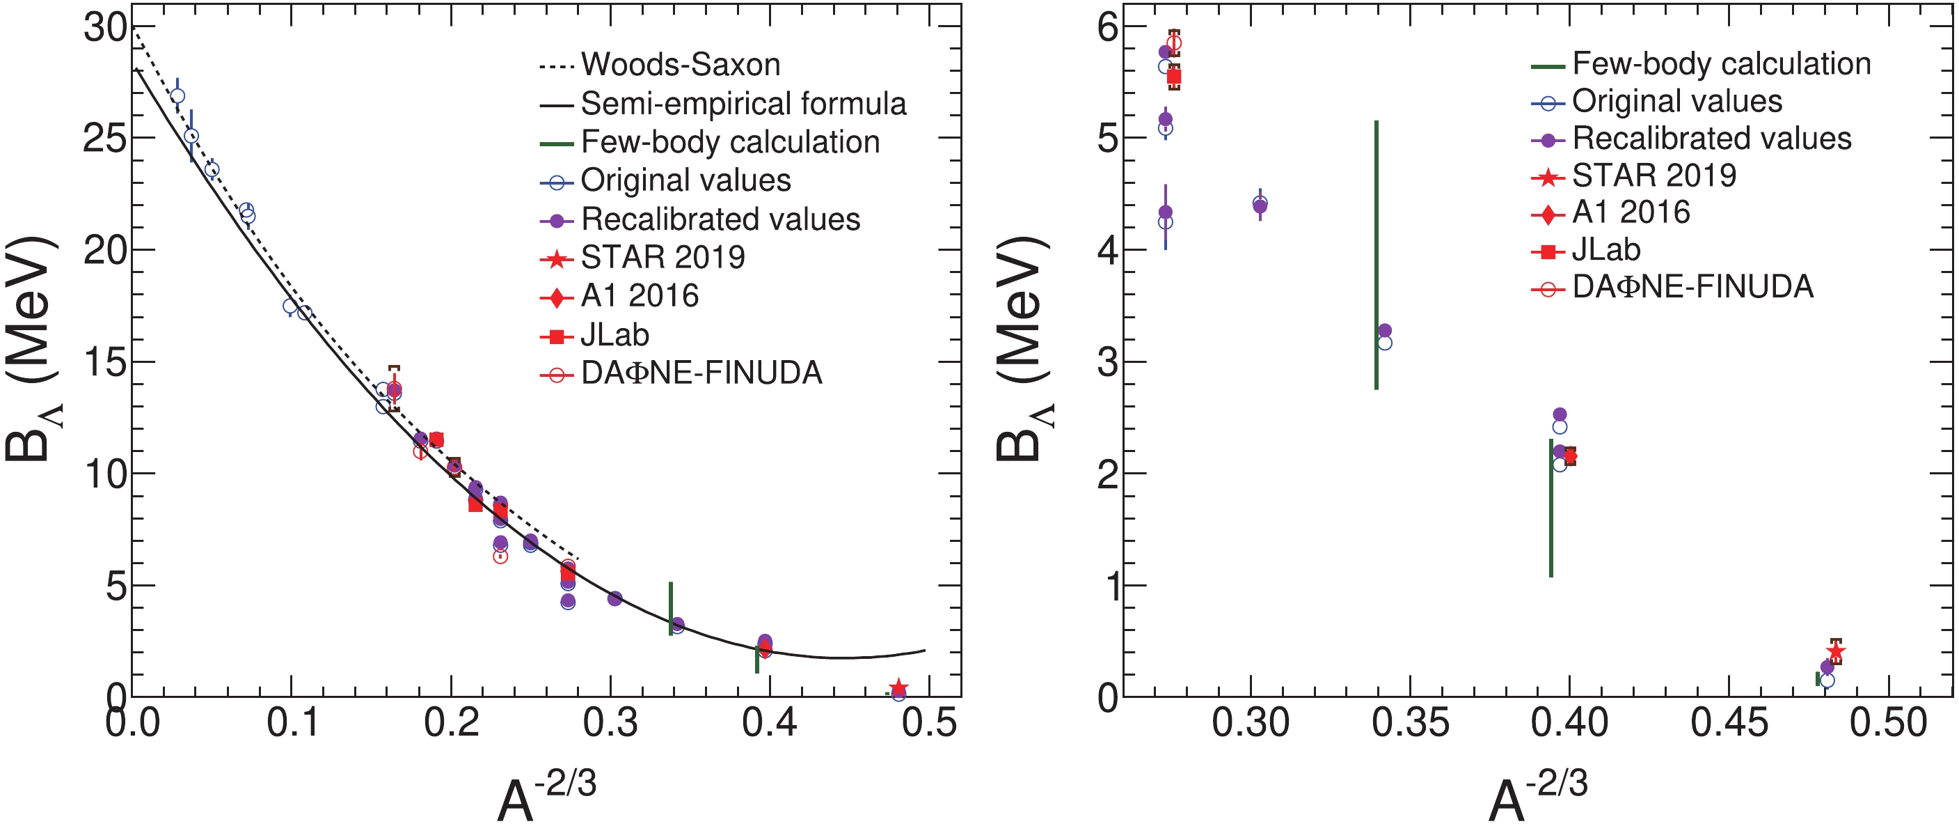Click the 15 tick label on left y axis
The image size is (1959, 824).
pyautogui.click(x=106, y=362)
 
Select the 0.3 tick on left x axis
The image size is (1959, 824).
pyautogui.click(x=611, y=723)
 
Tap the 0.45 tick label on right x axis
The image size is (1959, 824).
pyautogui.click(x=1729, y=723)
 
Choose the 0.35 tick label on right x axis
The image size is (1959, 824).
pyautogui.click(x=1410, y=723)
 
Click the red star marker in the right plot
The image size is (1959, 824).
pyautogui.click(x=1836, y=651)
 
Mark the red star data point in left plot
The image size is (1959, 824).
pyautogui.click(x=899, y=687)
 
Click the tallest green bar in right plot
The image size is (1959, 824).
pyautogui.click(x=1377, y=255)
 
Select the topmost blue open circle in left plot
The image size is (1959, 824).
pyautogui.click(x=178, y=97)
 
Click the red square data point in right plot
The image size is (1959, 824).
pyautogui.click(x=1174, y=77)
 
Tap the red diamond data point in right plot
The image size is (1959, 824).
pyautogui.click(x=1571, y=456)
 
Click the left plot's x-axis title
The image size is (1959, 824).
pyautogui.click(x=546, y=795)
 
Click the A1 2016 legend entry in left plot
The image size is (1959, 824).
pyautogui.click(x=639, y=296)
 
